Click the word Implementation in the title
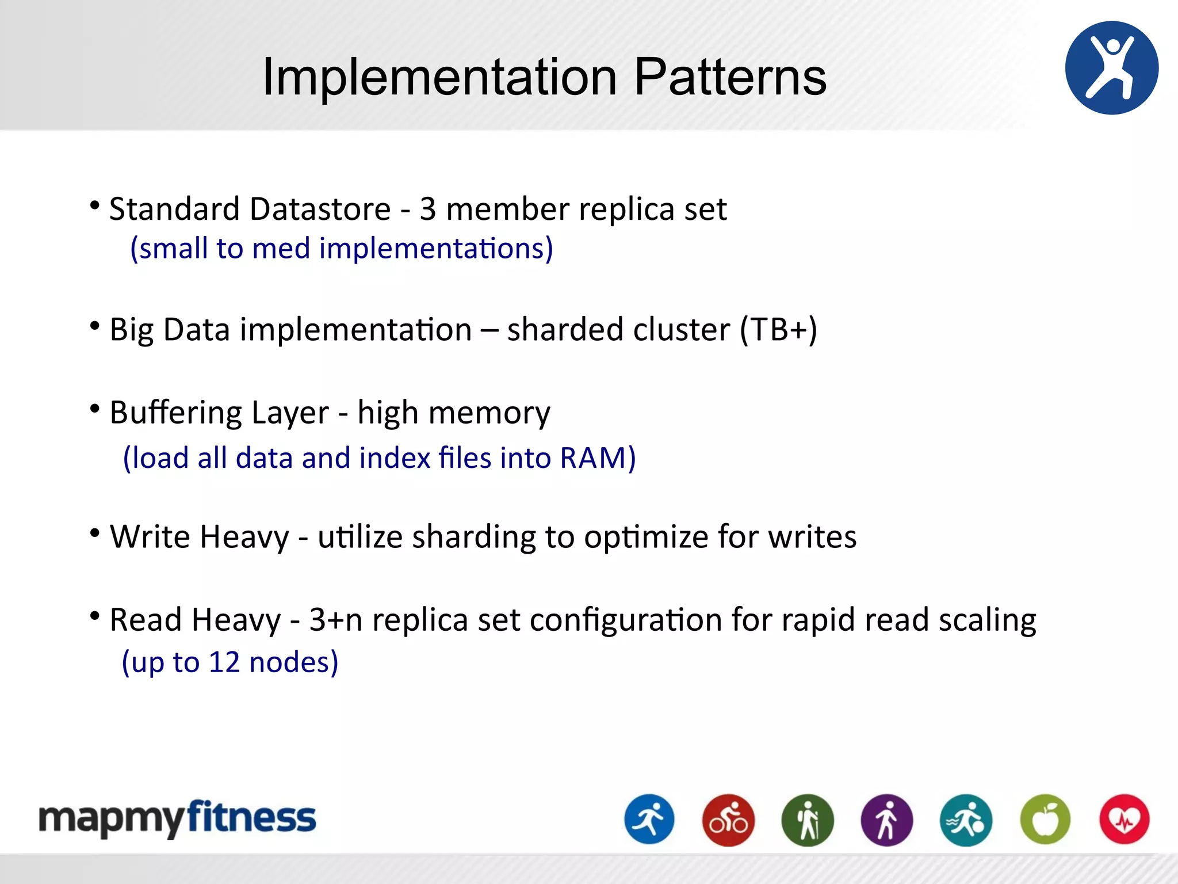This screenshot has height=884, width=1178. pos(439,77)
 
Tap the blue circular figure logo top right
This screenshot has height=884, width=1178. pos(1111,68)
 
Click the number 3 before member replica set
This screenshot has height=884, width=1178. pos(427,208)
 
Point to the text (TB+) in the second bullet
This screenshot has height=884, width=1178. pos(778,330)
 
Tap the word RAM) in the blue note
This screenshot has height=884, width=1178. pos(598,458)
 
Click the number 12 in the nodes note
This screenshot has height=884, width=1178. pos(224,662)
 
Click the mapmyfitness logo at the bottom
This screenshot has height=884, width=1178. pos(177,818)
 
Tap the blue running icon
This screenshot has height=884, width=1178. pos(649,820)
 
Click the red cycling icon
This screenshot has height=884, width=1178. pos(728,820)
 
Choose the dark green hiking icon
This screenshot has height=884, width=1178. pos(808,820)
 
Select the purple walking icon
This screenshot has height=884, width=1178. pos(886,820)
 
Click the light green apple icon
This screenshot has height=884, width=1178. pos(1045,820)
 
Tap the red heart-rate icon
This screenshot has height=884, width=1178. pos(1125,820)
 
